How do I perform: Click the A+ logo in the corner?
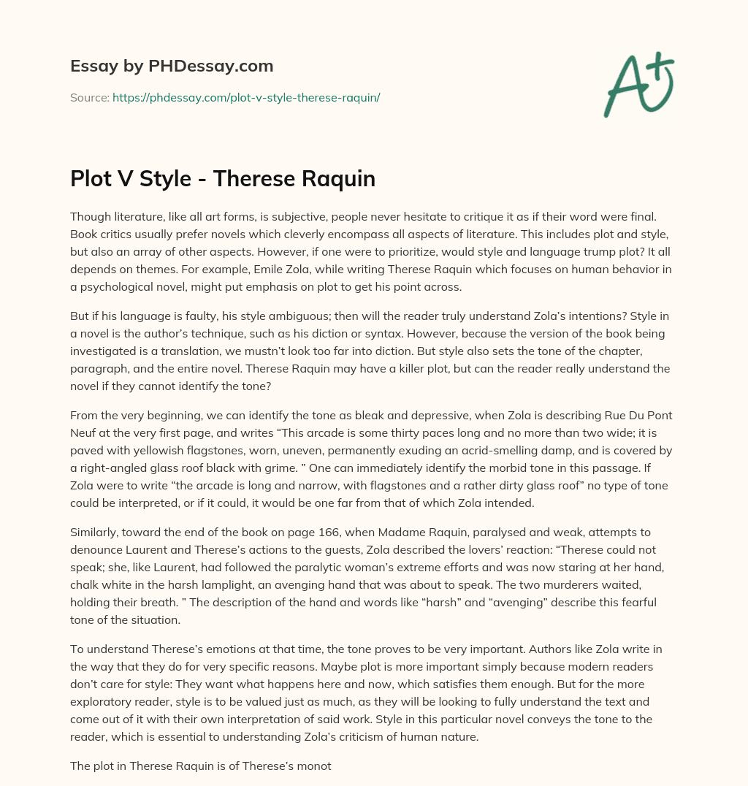click(x=638, y=85)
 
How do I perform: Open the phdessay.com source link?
click(x=246, y=97)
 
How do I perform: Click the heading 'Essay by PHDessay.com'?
click(x=172, y=66)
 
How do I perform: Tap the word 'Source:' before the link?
click(x=89, y=97)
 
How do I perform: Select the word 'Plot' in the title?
click(x=91, y=179)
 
